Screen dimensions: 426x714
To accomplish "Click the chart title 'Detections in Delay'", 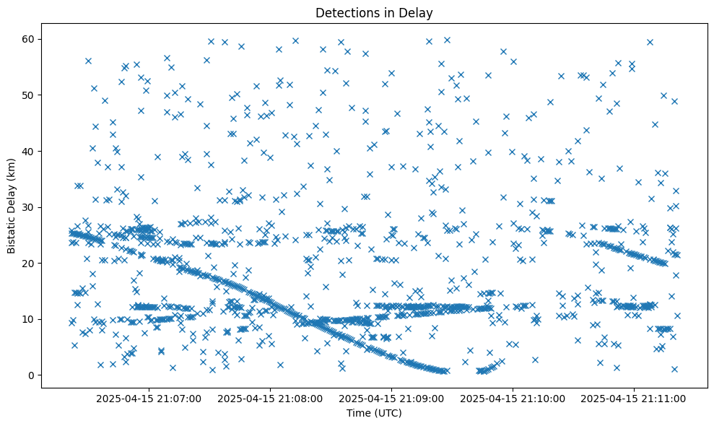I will point(374,12).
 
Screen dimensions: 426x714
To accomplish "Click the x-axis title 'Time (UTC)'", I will point(374,414).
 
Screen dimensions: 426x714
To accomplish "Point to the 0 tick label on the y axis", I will point(32,375).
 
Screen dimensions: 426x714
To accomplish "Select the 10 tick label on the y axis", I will point(29,319).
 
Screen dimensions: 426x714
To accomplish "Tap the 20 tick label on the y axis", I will point(29,264).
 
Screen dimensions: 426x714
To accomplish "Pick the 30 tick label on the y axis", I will point(29,207).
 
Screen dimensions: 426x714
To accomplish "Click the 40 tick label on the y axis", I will point(29,151).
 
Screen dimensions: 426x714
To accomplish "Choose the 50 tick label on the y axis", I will point(29,95).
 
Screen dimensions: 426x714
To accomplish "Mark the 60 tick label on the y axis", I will point(29,39).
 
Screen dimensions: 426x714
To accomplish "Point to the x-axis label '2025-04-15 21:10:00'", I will point(513,399).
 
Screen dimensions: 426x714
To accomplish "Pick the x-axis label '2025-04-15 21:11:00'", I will point(635,399).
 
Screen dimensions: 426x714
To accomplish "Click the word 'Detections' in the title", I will point(344,12).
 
